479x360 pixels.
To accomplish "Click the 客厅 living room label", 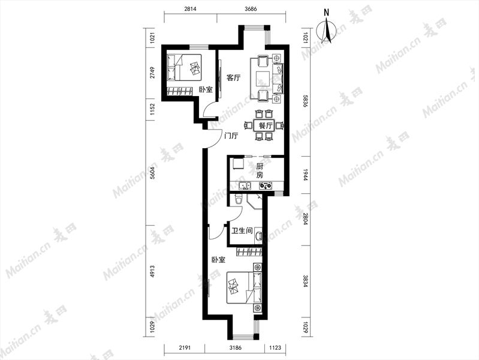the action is click(x=233, y=77).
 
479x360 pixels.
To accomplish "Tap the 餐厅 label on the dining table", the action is click(x=266, y=126).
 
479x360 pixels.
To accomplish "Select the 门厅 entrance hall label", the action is click(x=231, y=136).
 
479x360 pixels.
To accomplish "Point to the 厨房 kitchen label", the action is click(x=260, y=170).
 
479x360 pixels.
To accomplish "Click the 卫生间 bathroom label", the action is click(x=242, y=230).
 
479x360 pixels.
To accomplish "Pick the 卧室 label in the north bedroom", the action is click(x=206, y=89).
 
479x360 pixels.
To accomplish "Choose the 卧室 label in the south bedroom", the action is click(x=218, y=260).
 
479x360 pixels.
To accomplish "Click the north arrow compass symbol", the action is click(x=326, y=30).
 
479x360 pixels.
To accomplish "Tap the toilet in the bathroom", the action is click(x=239, y=199).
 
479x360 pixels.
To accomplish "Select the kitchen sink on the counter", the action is click(x=245, y=185).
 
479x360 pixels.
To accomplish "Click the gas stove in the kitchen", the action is click(x=266, y=185).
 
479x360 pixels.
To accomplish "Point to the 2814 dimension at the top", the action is click(x=190, y=8).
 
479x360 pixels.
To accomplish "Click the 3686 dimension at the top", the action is click(x=251, y=8).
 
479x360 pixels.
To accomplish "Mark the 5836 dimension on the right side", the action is click(x=305, y=101).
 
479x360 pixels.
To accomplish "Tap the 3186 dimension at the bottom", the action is click(x=235, y=348).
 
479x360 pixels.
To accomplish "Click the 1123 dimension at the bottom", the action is click(x=275, y=348).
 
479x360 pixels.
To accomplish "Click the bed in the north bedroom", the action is click(x=184, y=67).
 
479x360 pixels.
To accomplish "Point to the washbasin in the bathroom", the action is click(x=258, y=236).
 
